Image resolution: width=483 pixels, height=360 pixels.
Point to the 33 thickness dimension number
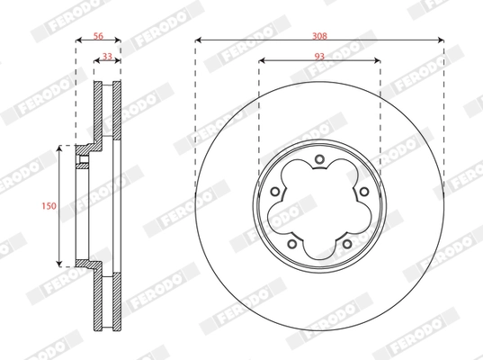(x=108, y=56)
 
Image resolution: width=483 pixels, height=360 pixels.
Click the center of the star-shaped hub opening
(x=319, y=205)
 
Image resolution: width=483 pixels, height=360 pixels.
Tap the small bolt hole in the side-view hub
(x=83, y=163)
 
